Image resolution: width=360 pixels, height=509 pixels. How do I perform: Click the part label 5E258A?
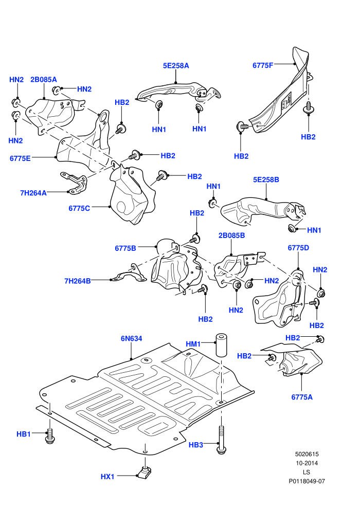point(176,66)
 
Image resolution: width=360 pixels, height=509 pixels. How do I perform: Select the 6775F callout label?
point(263,65)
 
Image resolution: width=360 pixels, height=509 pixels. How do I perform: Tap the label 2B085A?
point(44,80)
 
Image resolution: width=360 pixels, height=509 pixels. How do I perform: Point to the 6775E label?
point(20,158)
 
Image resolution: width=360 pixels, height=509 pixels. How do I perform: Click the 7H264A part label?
point(33,193)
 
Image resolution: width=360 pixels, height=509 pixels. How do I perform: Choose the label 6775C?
point(79,208)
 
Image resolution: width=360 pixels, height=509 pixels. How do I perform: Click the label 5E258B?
point(266,179)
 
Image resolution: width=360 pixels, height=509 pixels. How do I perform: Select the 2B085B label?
point(231,235)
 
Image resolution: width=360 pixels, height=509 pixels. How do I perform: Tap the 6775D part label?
point(298,248)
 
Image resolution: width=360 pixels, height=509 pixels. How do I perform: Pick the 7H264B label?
point(78,281)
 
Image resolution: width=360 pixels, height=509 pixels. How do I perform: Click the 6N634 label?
point(132,339)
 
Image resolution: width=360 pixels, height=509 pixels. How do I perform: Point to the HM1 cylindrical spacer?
point(221,344)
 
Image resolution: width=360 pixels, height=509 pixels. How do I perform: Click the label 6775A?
point(302,397)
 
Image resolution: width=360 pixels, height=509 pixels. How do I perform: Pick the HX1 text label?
point(107,477)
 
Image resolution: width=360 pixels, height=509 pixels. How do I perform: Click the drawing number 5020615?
point(307,455)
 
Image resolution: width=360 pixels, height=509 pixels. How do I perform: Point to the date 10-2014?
point(307,463)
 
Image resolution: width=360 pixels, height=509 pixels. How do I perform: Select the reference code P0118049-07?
point(307,481)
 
